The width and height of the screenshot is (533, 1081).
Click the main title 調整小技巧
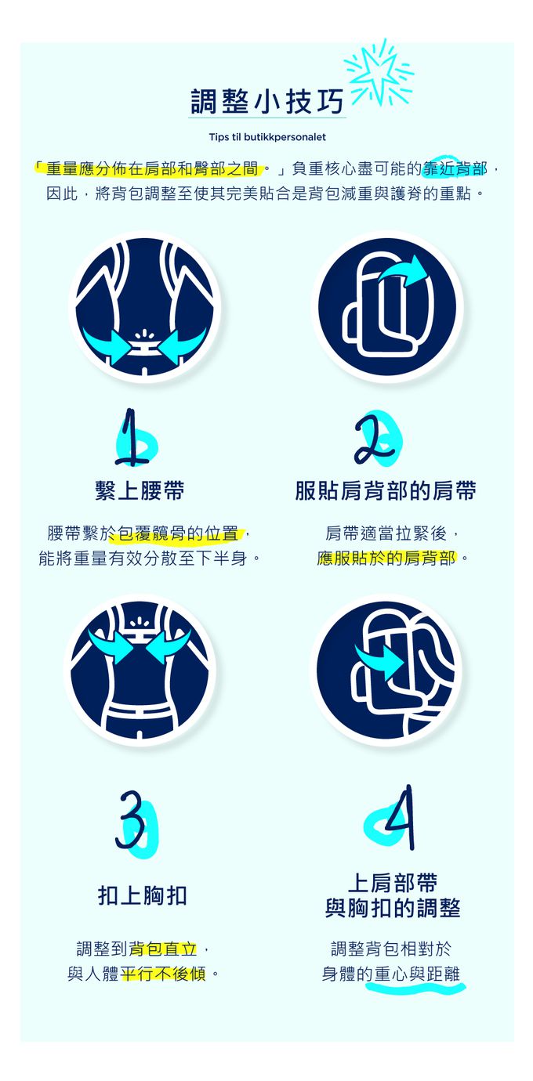tap(267, 101)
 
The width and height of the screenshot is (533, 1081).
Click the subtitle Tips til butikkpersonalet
tap(267, 137)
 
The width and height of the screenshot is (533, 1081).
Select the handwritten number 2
tap(377, 438)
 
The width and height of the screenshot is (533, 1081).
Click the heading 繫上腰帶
tap(140, 491)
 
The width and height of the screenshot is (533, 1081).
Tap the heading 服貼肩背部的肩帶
tap(386, 491)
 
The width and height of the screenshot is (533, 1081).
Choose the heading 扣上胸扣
tap(143, 895)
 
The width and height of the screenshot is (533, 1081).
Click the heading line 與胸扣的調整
tap(393, 908)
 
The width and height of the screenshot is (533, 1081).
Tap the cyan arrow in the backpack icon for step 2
tap(404, 272)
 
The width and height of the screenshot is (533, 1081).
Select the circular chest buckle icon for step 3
tap(140, 670)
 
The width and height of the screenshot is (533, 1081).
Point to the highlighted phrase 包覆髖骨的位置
tap(178, 533)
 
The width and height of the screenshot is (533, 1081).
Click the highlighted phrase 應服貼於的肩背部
tap(386, 559)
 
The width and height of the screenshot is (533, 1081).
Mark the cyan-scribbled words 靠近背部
tap(455, 169)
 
